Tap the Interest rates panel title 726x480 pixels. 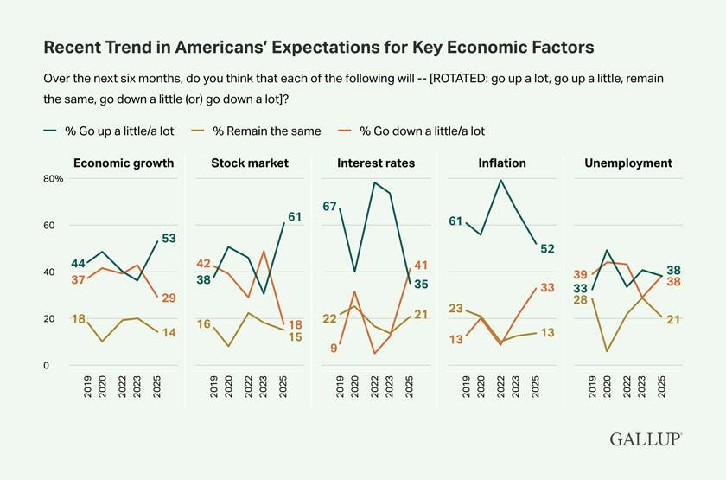(x=376, y=163)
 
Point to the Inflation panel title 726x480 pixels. (x=501, y=163)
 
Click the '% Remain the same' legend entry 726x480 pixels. (x=269, y=131)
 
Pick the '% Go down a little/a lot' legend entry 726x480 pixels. (x=423, y=131)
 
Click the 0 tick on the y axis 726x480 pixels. (x=48, y=366)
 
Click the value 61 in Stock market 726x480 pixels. (x=294, y=216)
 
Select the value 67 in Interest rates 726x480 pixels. (x=328, y=206)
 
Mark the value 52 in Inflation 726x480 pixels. (x=548, y=249)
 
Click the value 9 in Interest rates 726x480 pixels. (x=334, y=348)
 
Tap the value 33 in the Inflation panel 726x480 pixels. (x=546, y=287)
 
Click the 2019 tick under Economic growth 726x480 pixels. (x=88, y=387)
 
